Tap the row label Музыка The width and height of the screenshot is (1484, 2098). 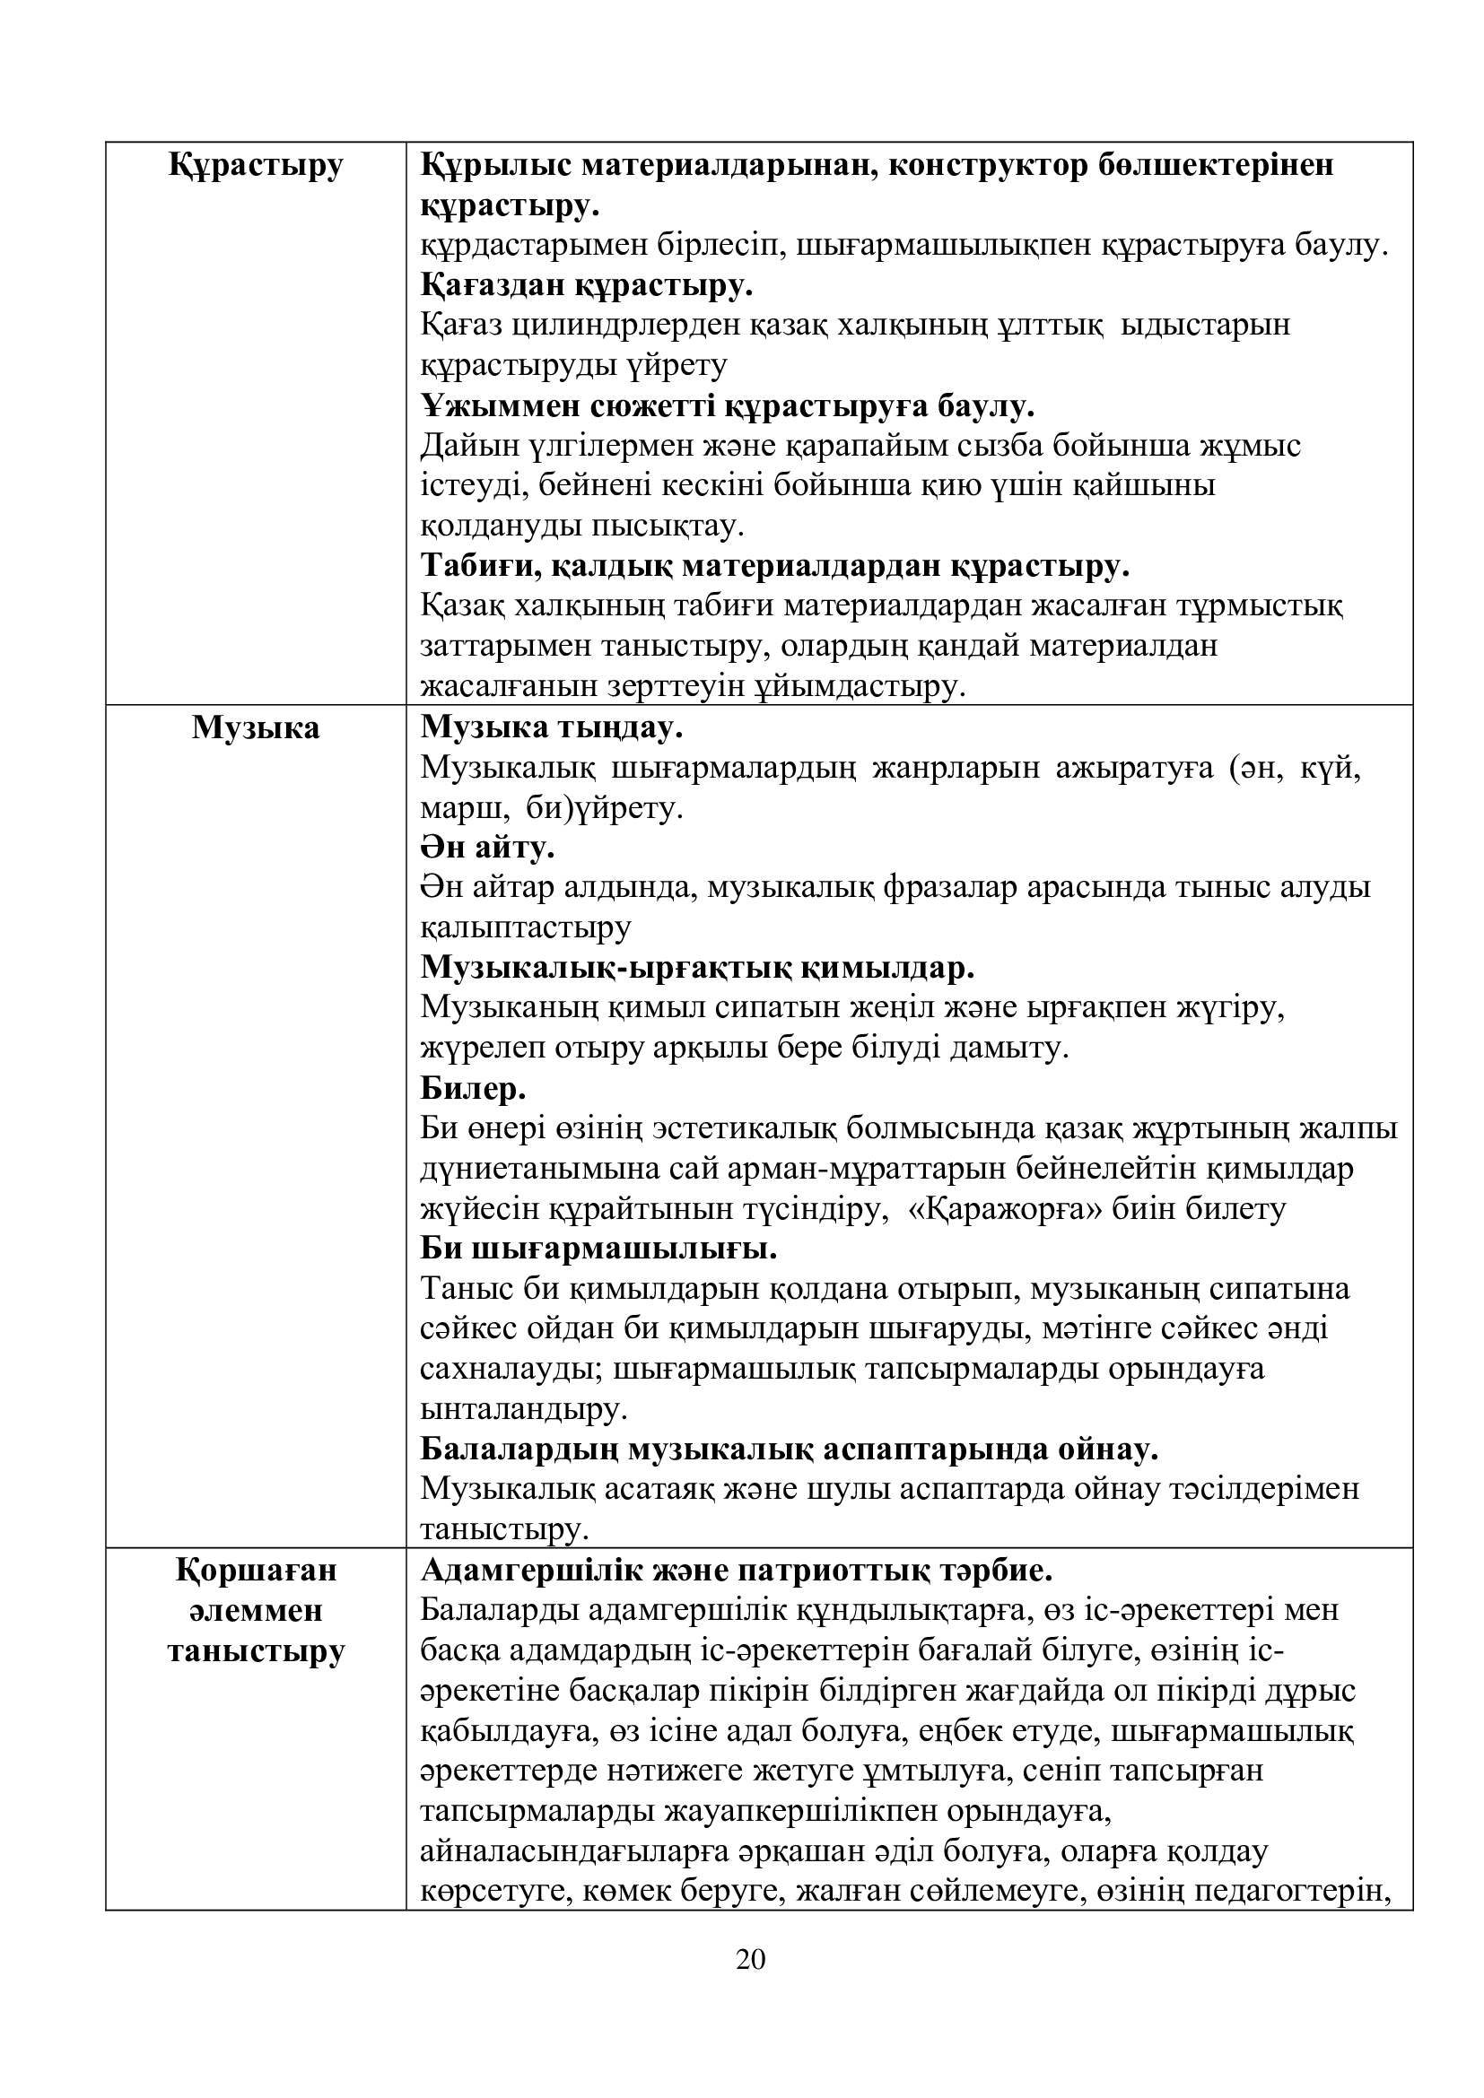(256, 728)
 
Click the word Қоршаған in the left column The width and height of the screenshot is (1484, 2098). (256, 1570)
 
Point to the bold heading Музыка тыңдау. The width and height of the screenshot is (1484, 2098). (552, 728)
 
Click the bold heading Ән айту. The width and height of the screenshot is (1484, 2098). (488, 848)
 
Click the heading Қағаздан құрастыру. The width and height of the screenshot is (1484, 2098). (587, 286)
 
